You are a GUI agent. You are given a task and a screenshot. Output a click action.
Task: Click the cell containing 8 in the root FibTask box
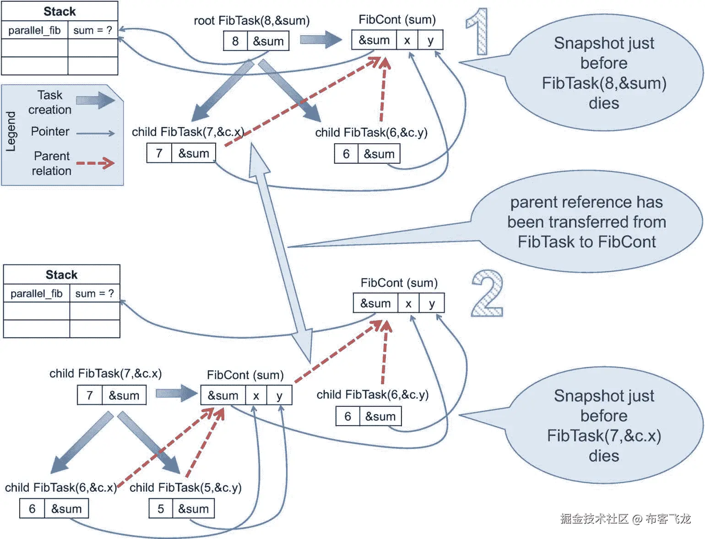[235, 41]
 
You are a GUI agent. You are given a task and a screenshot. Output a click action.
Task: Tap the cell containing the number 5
[161, 509]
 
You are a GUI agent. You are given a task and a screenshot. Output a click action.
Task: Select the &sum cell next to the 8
[268, 41]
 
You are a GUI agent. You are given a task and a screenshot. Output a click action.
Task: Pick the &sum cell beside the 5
[193, 509]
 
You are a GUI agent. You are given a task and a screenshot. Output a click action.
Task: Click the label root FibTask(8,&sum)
[251, 21]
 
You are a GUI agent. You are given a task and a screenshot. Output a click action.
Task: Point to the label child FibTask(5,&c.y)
[185, 488]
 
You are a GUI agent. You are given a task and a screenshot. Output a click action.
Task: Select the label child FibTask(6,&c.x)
[61, 488]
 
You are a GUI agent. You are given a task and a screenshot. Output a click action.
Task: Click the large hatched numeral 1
[477, 32]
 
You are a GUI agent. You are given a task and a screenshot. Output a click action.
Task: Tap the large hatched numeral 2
[487, 294]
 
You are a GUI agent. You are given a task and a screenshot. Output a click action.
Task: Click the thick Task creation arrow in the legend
[95, 101]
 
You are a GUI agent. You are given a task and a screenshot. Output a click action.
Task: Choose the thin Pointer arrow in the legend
[95, 133]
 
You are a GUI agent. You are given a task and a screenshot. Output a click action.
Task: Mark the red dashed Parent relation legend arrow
[95, 163]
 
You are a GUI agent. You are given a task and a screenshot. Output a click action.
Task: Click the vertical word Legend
[11, 131]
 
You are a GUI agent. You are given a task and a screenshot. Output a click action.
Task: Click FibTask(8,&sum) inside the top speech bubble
[604, 83]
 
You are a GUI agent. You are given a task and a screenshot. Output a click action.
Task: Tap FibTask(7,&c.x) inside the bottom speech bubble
[604, 436]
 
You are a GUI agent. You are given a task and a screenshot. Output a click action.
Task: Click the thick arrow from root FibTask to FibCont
[320, 39]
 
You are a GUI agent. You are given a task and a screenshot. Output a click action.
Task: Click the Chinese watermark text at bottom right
[625, 518]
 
